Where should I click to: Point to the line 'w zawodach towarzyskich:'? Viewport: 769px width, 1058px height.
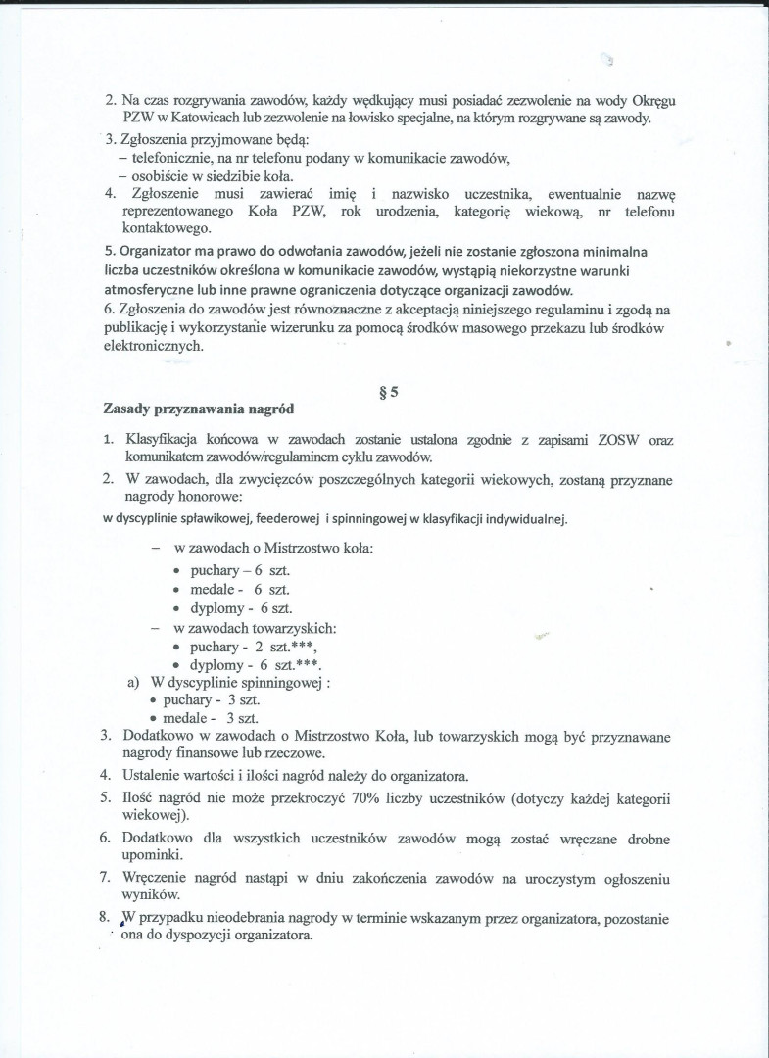tap(255, 628)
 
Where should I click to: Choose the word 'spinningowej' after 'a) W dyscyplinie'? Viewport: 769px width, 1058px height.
tap(279, 683)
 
